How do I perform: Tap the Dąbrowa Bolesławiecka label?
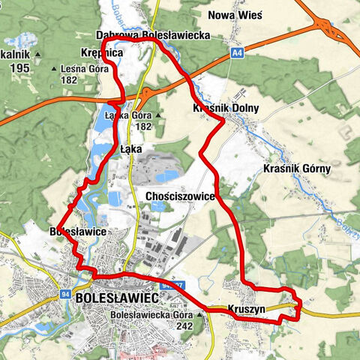tap(153, 34)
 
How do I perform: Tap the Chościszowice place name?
tap(179, 196)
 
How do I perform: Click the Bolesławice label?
tap(77, 232)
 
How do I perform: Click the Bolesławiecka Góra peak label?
tap(151, 315)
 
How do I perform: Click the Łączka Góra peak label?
tap(133, 116)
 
